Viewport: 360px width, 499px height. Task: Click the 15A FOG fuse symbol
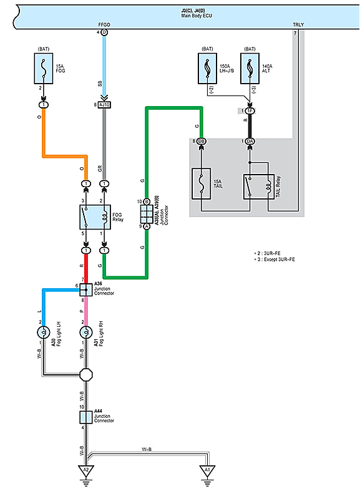pyautogui.click(x=44, y=69)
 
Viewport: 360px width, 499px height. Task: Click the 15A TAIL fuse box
pyautogui.click(x=202, y=184)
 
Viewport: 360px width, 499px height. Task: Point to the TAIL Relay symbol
pyautogui.click(x=258, y=184)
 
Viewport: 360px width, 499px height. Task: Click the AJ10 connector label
pyautogui.click(x=104, y=105)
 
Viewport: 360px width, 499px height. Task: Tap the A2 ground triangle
pyautogui.click(x=85, y=470)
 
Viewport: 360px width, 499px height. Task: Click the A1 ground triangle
pyautogui.click(x=207, y=470)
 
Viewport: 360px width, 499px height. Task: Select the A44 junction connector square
pyautogui.click(x=85, y=417)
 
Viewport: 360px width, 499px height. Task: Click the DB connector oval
pyautogui.click(x=202, y=142)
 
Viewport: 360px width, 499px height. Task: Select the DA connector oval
pyautogui.click(x=250, y=142)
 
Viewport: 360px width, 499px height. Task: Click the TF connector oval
pyautogui.click(x=250, y=110)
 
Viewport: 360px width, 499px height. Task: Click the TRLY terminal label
pyautogui.click(x=298, y=25)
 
